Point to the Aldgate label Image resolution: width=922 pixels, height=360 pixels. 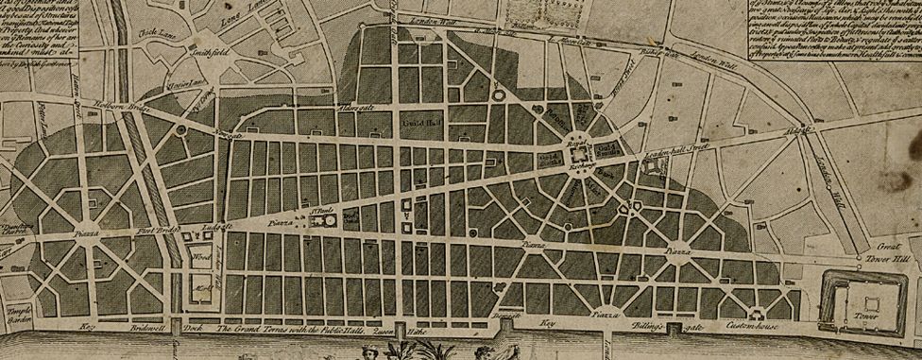coord(801,131)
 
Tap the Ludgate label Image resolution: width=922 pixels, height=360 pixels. coord(210,227)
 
